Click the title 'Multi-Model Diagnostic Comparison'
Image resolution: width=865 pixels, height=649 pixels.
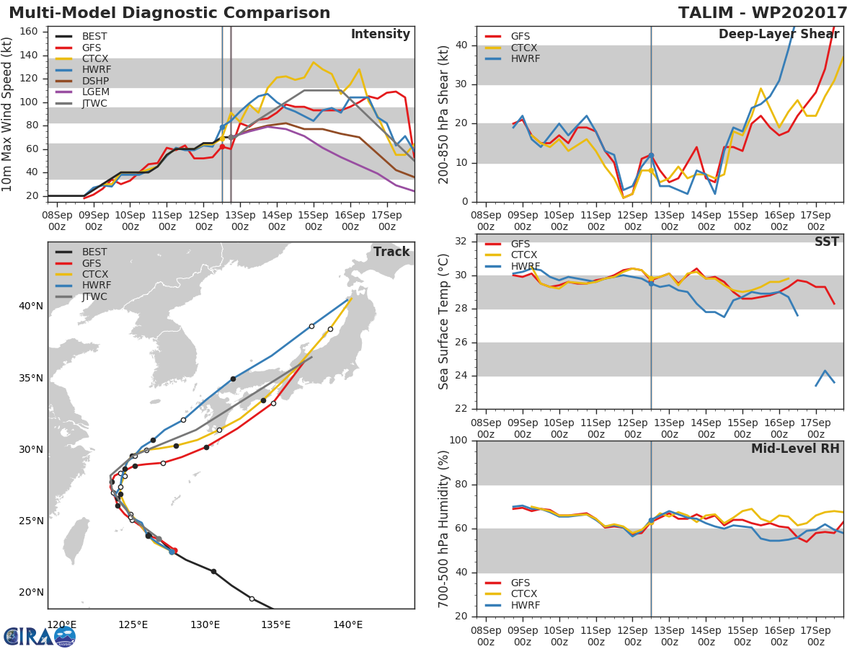click(169, 13)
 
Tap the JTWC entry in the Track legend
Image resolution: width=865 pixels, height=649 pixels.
click(94, 296)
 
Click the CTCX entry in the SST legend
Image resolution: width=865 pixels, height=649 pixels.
click(523, 255)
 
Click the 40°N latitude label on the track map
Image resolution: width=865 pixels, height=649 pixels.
click(30, 306)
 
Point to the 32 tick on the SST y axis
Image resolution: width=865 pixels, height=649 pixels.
click(461, 242)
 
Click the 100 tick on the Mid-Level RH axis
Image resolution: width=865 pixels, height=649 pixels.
click(457, 441)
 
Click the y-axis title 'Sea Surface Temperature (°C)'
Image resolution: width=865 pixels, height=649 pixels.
click(444, 322)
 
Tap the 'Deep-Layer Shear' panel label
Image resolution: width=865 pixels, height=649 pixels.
click(778, 35)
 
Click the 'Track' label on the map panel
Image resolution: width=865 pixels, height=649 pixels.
click(391, 252)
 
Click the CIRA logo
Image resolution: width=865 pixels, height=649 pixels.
click(40, 636)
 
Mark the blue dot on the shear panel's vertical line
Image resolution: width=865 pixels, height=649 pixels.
click(650, 155)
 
